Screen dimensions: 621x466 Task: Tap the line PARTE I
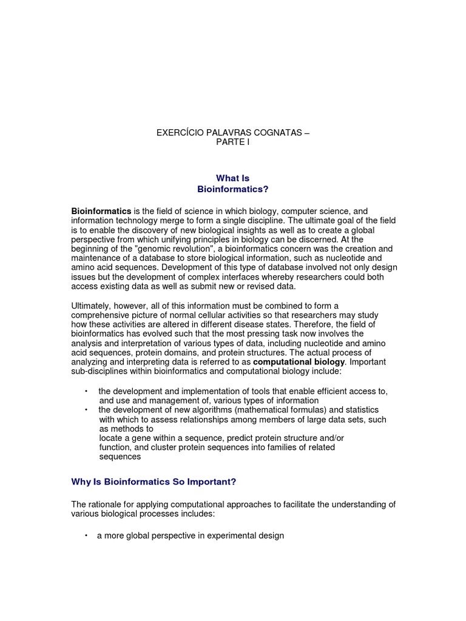click(x=232, y=143)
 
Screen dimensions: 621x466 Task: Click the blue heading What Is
click(x=233, y=178)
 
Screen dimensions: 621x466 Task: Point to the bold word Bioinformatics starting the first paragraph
click(x=101, y=211)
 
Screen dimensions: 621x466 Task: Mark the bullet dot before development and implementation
click(x=86, y=391)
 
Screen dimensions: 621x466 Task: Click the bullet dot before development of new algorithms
click(x=86, y=410)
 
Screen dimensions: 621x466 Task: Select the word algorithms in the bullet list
click(x=201, y=410)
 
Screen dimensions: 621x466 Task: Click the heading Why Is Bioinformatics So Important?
click(x=154, y=482)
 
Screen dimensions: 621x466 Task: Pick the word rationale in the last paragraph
click(x=106, y=505)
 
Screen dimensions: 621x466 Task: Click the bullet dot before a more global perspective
click(x=86, y=535)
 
